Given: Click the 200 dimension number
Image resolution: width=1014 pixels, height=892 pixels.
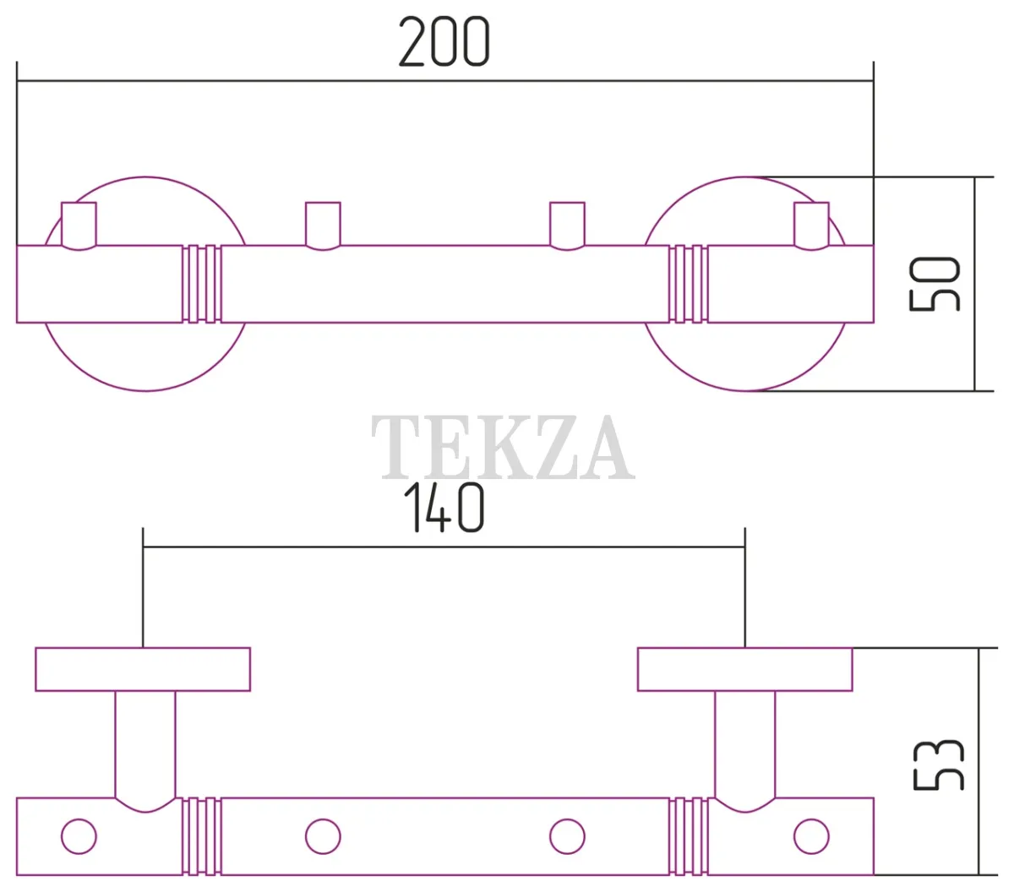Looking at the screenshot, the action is click(x=444, y=41).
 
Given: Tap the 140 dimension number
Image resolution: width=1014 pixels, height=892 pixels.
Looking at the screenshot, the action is click(x=444, y=508).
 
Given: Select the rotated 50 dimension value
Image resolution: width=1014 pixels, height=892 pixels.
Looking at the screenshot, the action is click(x=935, y=284).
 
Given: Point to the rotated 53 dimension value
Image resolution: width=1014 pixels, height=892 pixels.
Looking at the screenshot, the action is click(x=939, y=765).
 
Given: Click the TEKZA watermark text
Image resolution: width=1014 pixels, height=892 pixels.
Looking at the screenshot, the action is click(x=503, y=447).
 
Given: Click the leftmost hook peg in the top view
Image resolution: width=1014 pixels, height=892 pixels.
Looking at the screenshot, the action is click(x=79, y=226).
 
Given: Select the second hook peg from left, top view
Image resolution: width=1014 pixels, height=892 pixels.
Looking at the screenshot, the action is click(x=323, y=226).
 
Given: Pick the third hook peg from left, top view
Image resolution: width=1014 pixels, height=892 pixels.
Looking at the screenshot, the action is click(x=567, y=226).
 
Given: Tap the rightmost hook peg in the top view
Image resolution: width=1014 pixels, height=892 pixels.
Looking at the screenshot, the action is click(x=811, y=226).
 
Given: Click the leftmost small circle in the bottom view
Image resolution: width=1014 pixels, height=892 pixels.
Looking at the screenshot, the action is click(x=79, y=836).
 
